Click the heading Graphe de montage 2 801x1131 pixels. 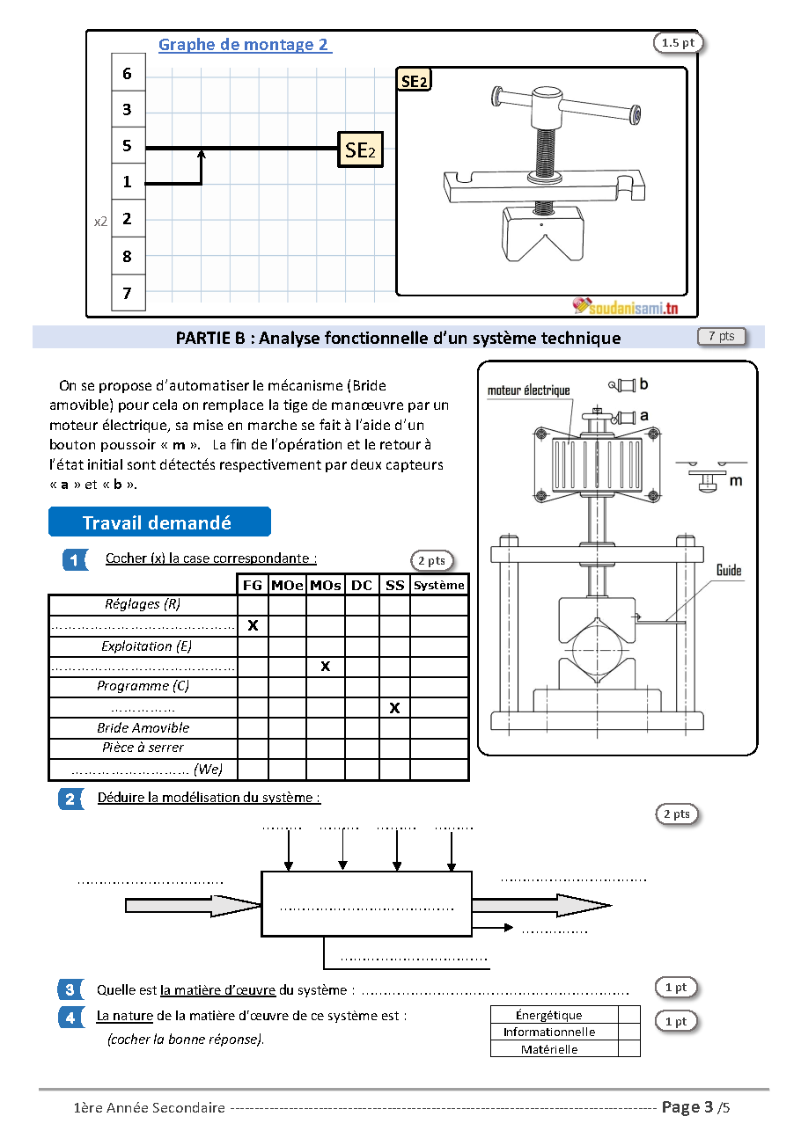[x=245, y=45]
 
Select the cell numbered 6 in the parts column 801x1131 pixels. [x=129, y=73]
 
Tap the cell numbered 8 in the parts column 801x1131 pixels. [x=129, y=256]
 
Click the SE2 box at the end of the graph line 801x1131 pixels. [x=360, y=150]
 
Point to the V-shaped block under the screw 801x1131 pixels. [x=543, y=233]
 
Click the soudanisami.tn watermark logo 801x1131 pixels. [x=626, y=306]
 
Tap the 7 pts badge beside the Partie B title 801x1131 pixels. [x=722, y=336]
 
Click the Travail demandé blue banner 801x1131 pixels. [x=159, y=522]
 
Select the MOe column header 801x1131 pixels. [x=287, y=585]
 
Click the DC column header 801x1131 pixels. [x=362, y=585]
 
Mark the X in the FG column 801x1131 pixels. [x=253, y=625]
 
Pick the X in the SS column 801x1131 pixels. [x=394, y=708]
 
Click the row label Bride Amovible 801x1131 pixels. [x=143, y=727]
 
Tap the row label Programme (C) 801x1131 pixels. [x=143, y=686]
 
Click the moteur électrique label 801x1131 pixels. [x=529, y=390]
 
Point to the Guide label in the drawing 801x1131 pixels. [x=729, y=571]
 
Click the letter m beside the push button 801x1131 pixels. [x=736, y=481]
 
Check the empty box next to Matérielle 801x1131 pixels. [x=629, y=1048]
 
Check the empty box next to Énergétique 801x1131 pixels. [x=629, y=1014]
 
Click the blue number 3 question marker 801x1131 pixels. [x=70, y=990]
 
